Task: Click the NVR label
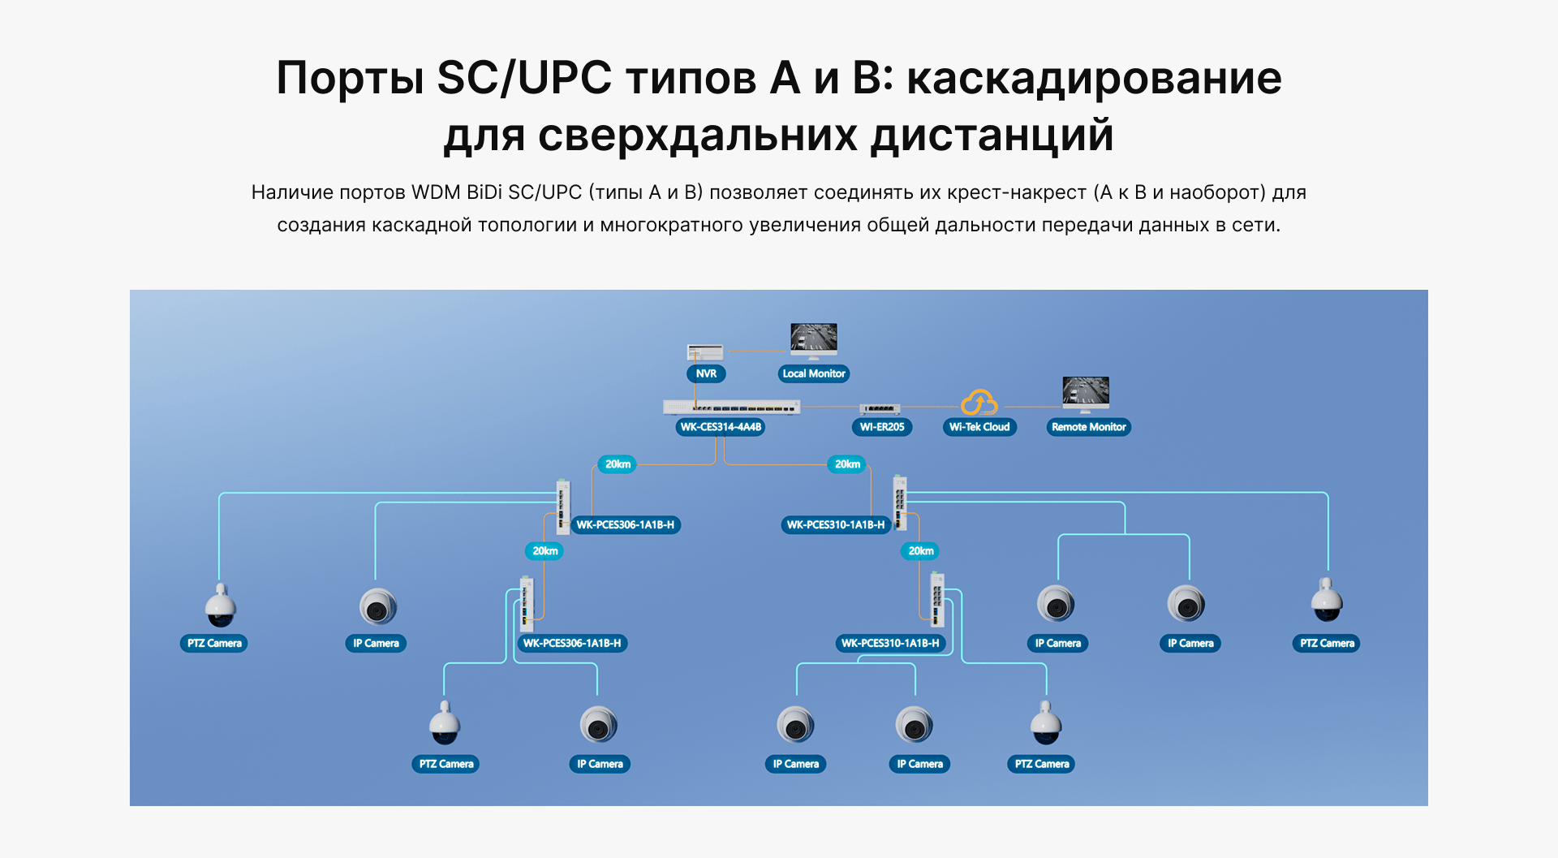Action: coord(706,373)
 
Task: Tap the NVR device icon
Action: coord(705,352)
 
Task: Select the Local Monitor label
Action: coord(814,373)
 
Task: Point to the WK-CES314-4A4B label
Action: coord(721,427)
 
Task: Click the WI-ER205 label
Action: coord(882,427)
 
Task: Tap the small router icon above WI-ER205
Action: coord(880,409)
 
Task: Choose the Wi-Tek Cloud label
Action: coord(979,427)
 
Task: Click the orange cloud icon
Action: coord(979,403)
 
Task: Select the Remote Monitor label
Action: coord(1088,427)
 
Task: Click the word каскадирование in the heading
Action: coord(1093,79)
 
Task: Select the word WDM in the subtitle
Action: coord(436,192)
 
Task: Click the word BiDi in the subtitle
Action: coord(484,192)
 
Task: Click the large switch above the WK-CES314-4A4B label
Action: coord(731,407)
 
